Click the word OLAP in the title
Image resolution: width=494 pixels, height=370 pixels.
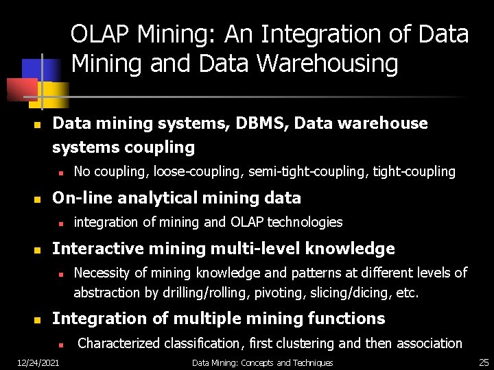[x=100, y=34]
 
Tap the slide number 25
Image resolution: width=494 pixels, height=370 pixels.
[x=483, y=362]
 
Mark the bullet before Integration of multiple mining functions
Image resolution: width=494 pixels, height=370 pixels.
[x=38, y=319]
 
